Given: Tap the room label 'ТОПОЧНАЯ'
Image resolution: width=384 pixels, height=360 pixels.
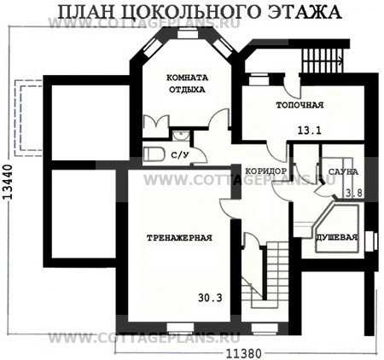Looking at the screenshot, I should click(x=299, y=107).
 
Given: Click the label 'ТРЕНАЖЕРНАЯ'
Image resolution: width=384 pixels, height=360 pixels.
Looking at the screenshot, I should click(x=179, y=238).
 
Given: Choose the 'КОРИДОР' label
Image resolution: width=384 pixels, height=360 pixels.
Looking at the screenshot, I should click(x=265, y=171).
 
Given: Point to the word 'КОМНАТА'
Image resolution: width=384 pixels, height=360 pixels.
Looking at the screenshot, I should click(x=187, y=76).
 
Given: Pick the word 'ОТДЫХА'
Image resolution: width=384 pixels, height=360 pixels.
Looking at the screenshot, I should click(x=187, y=88).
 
